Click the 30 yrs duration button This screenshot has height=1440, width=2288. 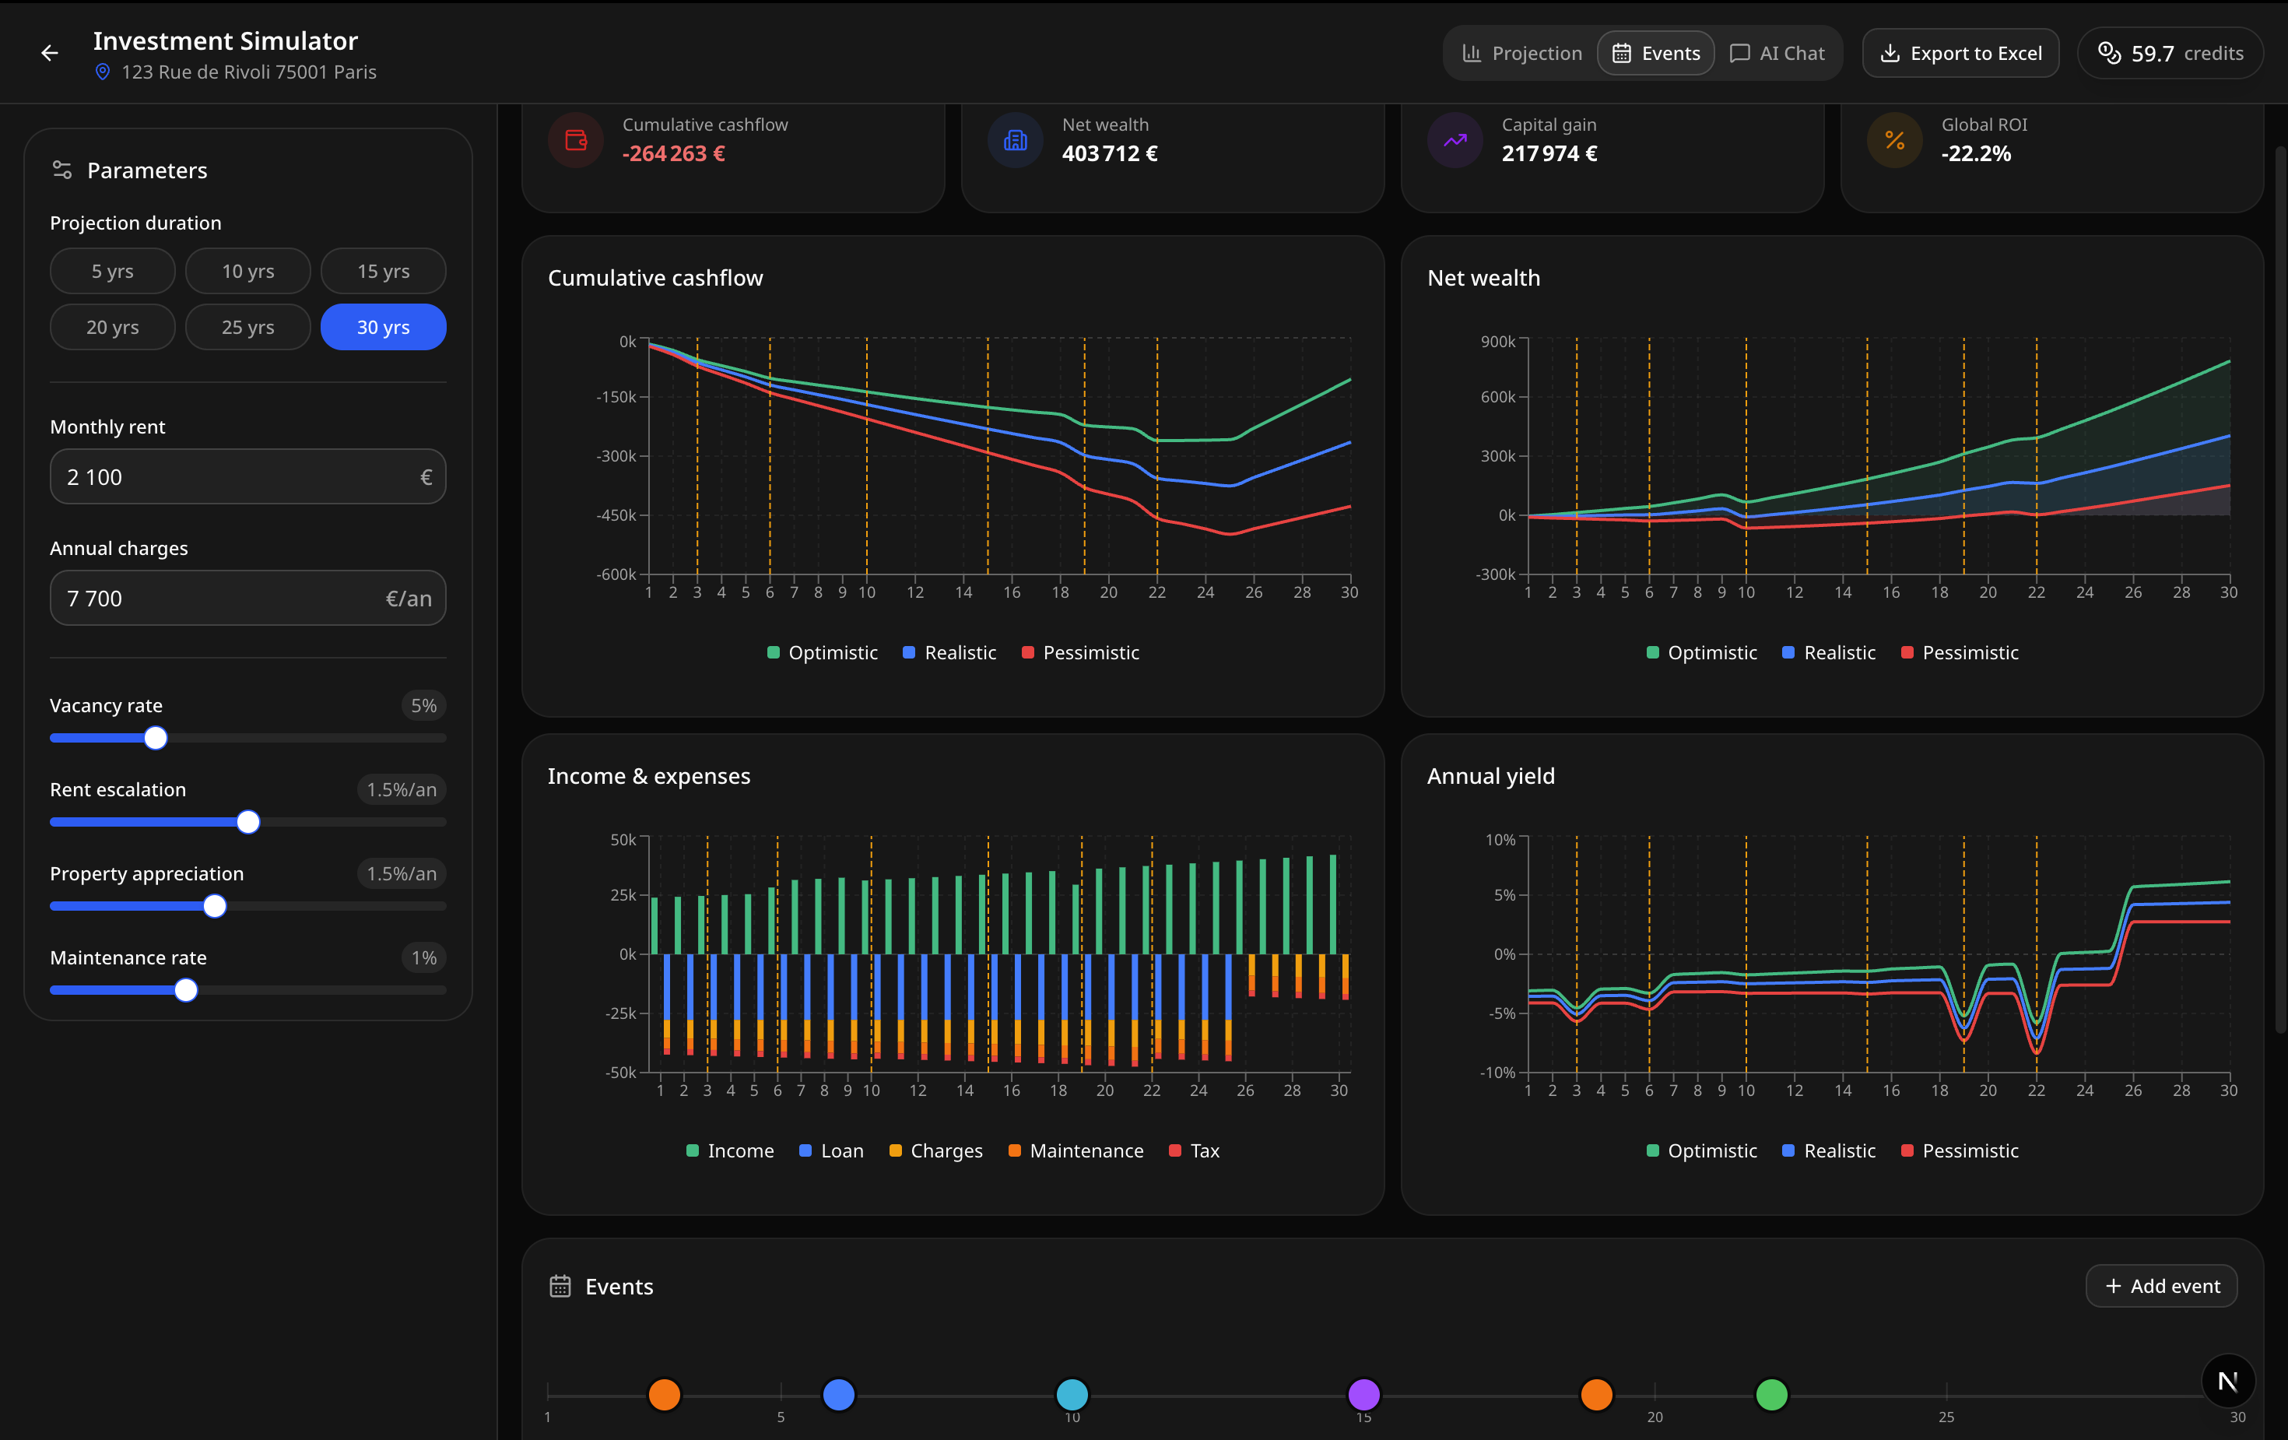click(383, 327)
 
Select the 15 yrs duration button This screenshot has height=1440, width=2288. click(383, 271)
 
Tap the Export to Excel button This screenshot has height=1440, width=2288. click(1960, 53)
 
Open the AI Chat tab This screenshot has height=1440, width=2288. click(1777, 53)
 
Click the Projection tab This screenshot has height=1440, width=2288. click(1521, 53)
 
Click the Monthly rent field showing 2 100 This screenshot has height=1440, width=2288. click(237, 477)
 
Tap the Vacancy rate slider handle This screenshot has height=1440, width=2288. click(156, 738)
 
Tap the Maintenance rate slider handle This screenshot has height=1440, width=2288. click(186, 989)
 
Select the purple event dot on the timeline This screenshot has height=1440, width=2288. click(1363, 1394)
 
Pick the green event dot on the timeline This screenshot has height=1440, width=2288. click(1771, 1394)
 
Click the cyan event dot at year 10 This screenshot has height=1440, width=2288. click(1072, 1394)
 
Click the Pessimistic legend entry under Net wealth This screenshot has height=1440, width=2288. click(1960, 653)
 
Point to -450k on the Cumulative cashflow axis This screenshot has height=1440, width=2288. click(616, 515)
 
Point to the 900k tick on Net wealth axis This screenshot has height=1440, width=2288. click(1497, 341)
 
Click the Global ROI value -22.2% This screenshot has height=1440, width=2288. click(1975, 154)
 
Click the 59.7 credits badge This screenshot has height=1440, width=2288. click(2170, 53)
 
